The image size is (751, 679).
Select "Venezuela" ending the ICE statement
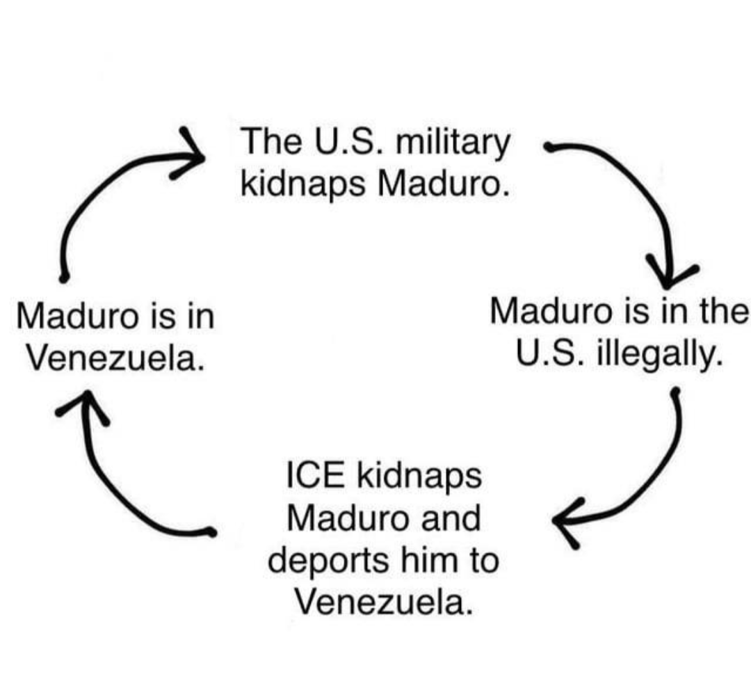coord(383,602)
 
